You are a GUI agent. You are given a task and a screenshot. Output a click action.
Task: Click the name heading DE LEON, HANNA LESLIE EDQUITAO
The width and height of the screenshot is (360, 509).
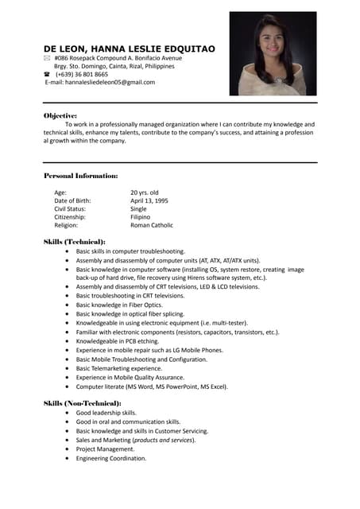[129, 49]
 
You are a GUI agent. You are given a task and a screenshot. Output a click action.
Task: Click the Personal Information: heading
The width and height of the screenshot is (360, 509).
[80, 175]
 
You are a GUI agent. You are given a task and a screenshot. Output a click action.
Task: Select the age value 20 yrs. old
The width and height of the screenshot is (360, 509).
[145, 192]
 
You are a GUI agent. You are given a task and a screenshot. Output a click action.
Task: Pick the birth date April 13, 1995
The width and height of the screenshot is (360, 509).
[149, 200]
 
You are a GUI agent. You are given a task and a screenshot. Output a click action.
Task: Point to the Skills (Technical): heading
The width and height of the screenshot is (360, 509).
[74, 241]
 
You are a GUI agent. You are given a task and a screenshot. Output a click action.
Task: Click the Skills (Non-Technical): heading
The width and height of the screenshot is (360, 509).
[82, 403]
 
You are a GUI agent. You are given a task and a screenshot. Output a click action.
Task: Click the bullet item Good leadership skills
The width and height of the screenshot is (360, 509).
[106, 413]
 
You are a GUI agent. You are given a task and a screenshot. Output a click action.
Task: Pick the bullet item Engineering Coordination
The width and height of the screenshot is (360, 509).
[111, 458]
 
